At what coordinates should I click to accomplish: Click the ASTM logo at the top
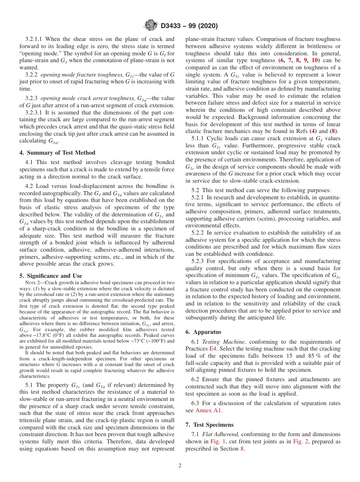[150, 26]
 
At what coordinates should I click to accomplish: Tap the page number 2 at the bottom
[180, 466]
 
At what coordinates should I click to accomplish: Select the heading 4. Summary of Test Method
[57, 153]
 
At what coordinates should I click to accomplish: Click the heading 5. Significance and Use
[51, 276]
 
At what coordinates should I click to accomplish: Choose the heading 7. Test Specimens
[210, 424]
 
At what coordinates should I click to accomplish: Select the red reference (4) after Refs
[313, 131]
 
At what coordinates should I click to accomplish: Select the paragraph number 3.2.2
[31, 75]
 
